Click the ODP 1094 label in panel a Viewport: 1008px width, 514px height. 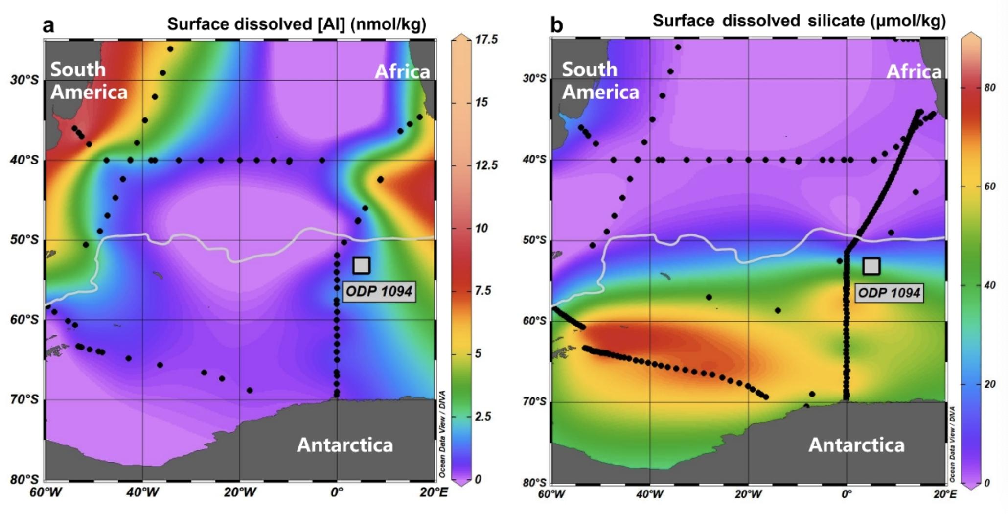point(379,292)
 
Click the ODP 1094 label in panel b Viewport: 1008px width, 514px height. point(889,293)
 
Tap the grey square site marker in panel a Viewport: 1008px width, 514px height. point(361,265)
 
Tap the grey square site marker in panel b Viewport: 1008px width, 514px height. point(871,266)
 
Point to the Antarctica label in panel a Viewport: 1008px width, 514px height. point(345,445)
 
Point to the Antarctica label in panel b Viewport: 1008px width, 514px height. point(856,445)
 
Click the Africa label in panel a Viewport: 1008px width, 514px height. point(402,72)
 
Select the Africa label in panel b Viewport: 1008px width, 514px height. point(914,72)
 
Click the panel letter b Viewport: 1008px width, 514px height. point(556,24)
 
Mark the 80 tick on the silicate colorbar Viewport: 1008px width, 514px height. point(989,88)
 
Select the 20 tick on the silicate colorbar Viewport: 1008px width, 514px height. point(989,384)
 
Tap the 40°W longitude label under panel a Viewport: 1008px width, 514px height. point(142,492)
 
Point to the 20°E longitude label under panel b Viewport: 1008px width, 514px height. point(944,493)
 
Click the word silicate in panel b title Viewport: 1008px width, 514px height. point(836,21)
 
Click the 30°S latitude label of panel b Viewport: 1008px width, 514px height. point(534,78)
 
